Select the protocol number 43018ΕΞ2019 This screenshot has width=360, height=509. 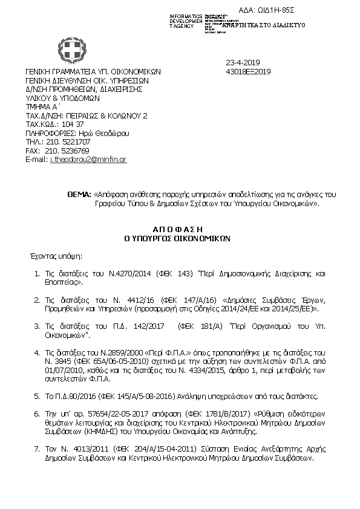pyautogui.click(x=247, y=71)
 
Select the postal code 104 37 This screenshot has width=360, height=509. pyautogui.click(x=72, y=124)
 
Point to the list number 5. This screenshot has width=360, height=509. pyautogui.click(x=37, y=396)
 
